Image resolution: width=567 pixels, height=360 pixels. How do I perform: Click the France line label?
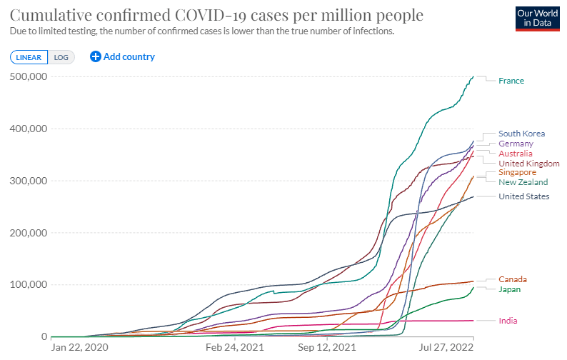click(x=511, y=81)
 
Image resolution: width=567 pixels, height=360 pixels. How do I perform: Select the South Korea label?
click(x=521, y=134)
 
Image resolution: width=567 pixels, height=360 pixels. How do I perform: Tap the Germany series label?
click(x=516, y=144)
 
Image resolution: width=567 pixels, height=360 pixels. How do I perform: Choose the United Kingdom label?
click(x=528, y=164)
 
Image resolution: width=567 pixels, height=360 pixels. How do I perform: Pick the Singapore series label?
click(x=517, y=172)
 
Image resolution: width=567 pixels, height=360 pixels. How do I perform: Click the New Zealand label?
click(x=523, y=182)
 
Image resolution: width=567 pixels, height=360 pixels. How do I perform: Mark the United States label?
click(x=523, y=196)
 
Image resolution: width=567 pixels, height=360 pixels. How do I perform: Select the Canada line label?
click(x=513, y=279)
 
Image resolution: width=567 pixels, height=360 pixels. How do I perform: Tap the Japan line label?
click(x=510, y=289)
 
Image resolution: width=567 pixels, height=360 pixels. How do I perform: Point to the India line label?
click(x=508, y=321)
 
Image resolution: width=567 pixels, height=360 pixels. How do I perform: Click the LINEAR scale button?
click(x=29, y=57)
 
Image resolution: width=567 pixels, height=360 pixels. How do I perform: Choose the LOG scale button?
click(x=61, y=57)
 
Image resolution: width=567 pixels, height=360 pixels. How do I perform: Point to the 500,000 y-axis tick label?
click(x=28, y=76)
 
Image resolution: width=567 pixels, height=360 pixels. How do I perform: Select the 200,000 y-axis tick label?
click(x=28, y=233)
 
